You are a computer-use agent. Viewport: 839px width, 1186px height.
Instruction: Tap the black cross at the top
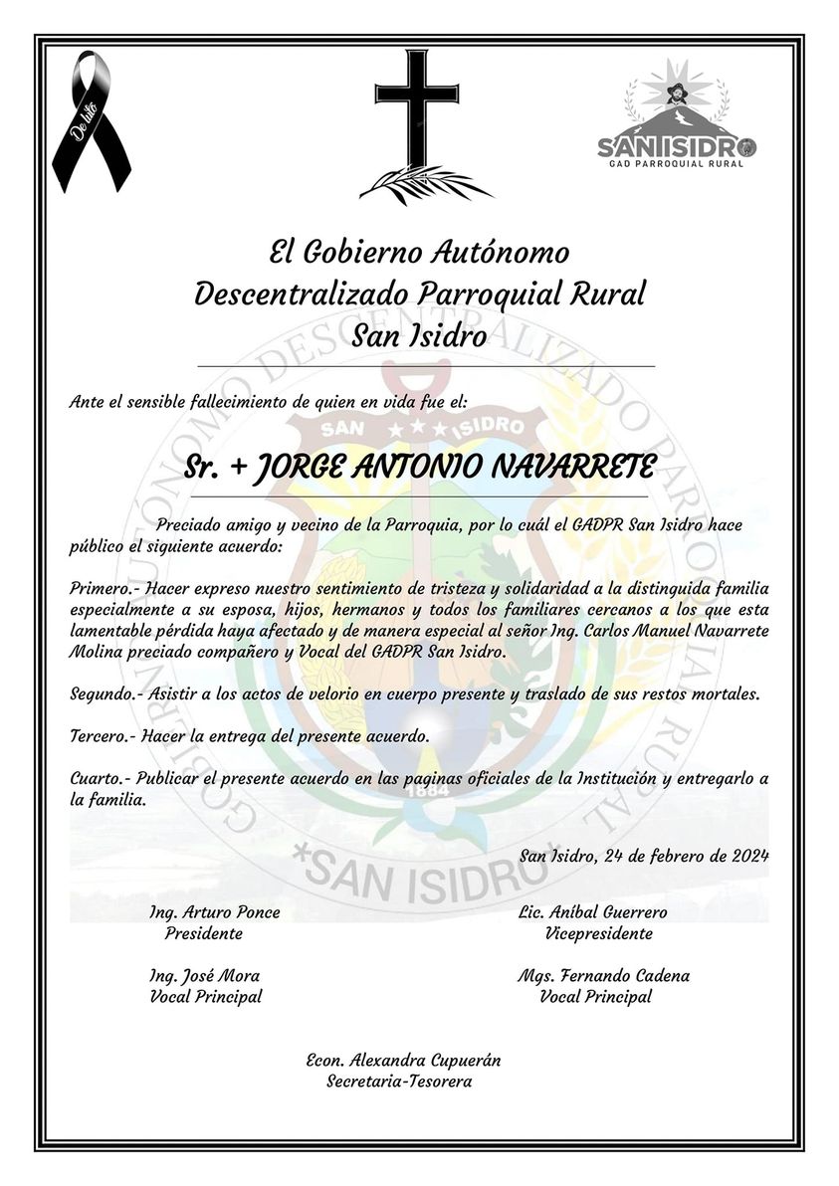point(417,104)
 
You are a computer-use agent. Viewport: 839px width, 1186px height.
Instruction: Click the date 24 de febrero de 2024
point(686,856)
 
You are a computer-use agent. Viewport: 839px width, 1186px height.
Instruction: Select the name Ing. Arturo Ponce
point(214,912)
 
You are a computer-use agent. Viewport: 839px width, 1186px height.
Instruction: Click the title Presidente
point(204,934)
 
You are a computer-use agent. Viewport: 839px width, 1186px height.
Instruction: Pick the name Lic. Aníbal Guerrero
point(592,912)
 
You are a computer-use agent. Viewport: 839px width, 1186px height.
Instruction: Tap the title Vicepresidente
point(599,934)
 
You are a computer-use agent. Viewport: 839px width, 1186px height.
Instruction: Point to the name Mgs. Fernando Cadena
point(603,976)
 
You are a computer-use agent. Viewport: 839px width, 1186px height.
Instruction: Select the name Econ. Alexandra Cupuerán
point(403,1061)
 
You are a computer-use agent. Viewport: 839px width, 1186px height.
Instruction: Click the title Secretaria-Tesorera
point(399,1082)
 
